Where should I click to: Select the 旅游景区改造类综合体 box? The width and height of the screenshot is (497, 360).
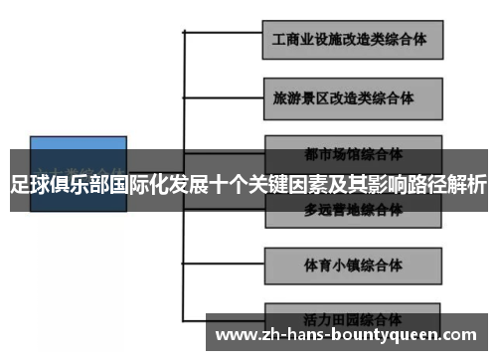(351, 99)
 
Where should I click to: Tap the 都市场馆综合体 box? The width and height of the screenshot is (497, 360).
(353, 154)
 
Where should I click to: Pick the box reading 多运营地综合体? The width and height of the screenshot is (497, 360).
(353, 211)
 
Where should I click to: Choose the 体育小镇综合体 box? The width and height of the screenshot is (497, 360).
(351, 266)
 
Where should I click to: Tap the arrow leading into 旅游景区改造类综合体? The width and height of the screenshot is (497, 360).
(248, 99)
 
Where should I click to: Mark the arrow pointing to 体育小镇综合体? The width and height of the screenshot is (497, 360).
(248, 266)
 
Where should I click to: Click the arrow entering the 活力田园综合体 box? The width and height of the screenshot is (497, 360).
(248, 321)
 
